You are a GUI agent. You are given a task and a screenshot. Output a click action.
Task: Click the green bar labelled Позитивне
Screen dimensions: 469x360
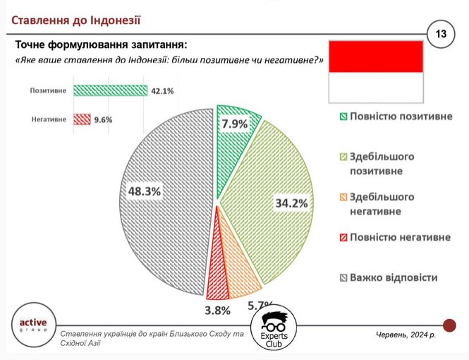pos(110,90)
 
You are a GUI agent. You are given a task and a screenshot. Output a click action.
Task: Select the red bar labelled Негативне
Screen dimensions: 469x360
pos(82,119)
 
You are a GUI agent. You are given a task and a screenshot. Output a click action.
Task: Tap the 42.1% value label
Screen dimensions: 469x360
pos(162,91)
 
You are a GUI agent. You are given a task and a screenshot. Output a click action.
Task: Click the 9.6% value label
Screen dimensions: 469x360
pos(103,120)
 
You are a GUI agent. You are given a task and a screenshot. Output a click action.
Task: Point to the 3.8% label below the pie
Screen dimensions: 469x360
pos(217,311)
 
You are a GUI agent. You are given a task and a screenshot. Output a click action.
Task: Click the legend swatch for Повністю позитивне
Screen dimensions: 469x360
pos(343,116)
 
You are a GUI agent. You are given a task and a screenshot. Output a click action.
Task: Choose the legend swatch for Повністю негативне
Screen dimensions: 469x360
pos(343,238)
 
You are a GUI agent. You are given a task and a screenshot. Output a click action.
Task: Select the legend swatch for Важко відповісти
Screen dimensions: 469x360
pos(343,278)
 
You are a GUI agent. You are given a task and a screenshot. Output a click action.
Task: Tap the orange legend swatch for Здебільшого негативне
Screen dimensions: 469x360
pos(343,197)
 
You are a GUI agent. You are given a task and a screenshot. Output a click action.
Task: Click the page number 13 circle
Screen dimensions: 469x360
pos(441,34)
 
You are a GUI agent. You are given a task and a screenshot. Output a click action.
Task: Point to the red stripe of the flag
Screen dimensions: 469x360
pos(376,56)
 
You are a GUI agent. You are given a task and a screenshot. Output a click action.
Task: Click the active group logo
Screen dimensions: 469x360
pos(34,325)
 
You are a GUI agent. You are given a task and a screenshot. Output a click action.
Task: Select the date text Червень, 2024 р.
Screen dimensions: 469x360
pos(406,335)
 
